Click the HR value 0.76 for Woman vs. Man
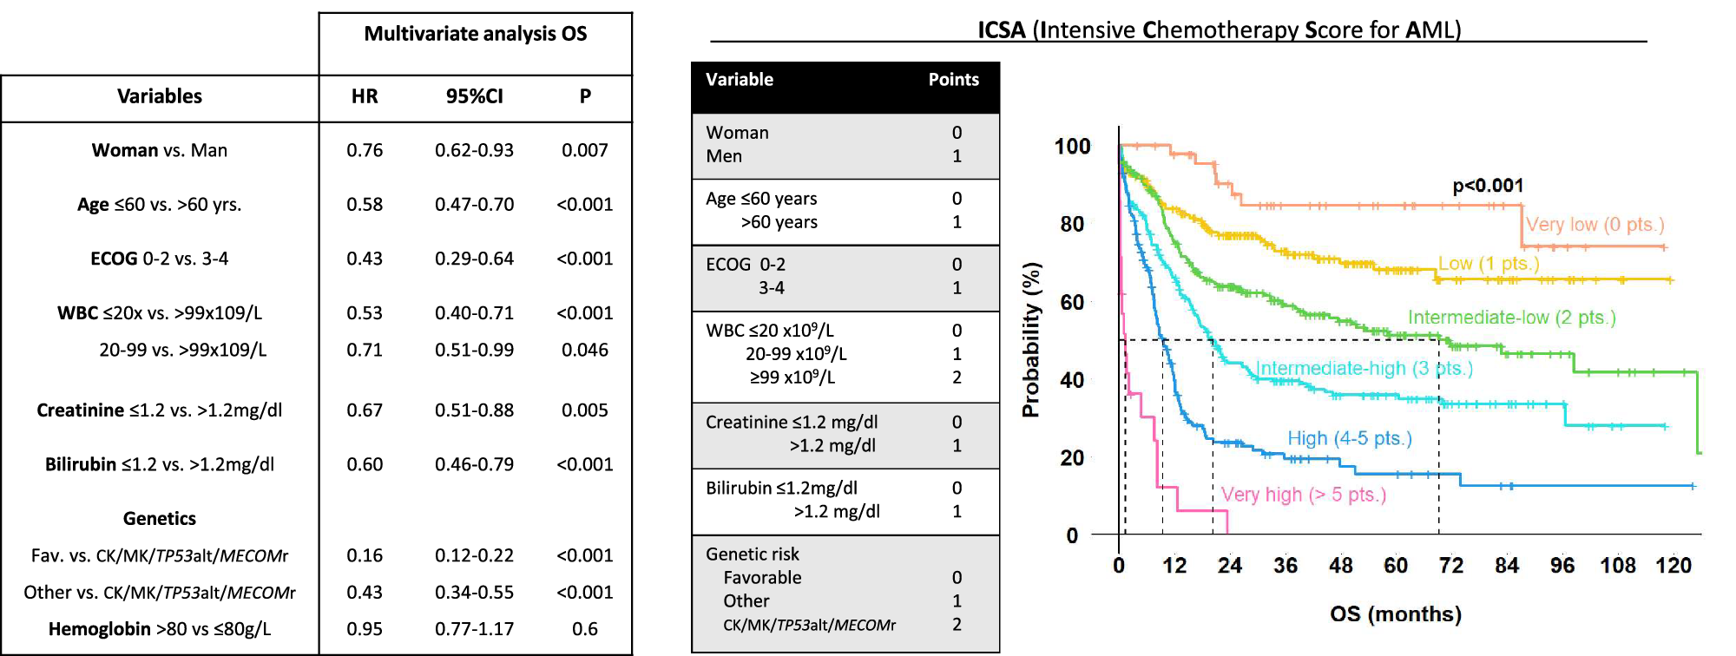[x=365, y=150]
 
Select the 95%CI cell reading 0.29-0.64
[x=474, y=259]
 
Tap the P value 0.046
[x=584, y=350]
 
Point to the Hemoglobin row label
[x=160, y=629]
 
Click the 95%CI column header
[x=474, y=96]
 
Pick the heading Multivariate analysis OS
[x=475, y=34]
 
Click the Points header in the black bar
[x=953, y=80]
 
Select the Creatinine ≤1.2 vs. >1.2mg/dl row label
[x=160, y=410]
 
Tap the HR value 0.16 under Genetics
[x=365, y=555]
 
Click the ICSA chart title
[x=1219, y=30]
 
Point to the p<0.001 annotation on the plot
[x=1488, y=186]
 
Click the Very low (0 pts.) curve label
[x=1595, y=225]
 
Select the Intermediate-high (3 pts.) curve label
[x=1364, y=368]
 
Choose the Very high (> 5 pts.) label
[x=1303, y=495]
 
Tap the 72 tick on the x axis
[x=1450, y=566]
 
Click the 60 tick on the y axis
[x=1072, y=302]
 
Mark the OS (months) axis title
[x=1395, y=614]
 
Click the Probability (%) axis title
[x=1031, y=340]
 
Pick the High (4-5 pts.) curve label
[x=1349, y=438]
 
